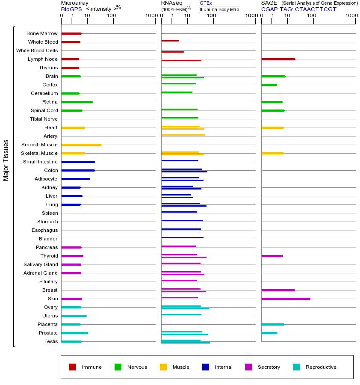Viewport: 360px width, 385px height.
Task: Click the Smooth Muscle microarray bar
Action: pos(81,145)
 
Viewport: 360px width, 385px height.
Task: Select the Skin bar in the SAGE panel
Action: pos(286,299)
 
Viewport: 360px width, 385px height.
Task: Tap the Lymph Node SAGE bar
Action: pos(278,59)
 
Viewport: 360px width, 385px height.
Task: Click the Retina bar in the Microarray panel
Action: pos(77,102)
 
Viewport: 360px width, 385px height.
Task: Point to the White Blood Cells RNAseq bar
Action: pos(172,52)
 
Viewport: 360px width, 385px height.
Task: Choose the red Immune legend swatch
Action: pos(73,367)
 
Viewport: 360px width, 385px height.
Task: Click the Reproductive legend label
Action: pos(321,367)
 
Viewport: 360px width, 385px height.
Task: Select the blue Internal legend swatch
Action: pos(206,367)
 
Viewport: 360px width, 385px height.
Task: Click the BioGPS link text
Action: pos(71,9)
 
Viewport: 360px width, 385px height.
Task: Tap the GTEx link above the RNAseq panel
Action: pos(206,3)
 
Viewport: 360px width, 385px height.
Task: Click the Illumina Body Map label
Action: pos(219,9)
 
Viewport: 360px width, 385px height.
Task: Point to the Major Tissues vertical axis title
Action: pos(6,160)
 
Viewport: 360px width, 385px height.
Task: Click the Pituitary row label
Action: pos(48,281)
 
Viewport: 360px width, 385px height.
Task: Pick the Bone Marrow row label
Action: pos(42,33)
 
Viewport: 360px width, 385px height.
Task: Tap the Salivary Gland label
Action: pos(41,264)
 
